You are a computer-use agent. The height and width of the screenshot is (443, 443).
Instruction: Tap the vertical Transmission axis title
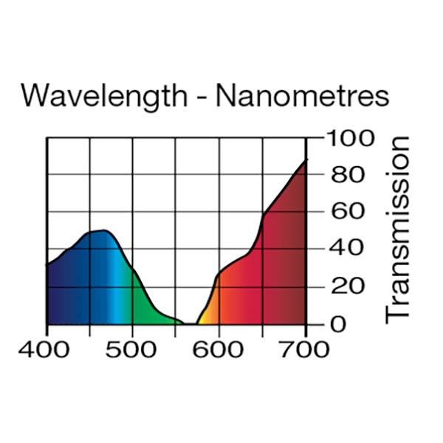[x=399, y=229]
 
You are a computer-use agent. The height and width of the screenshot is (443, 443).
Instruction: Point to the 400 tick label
[x=47, y=349]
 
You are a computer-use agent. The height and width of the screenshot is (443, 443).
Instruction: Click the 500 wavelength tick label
[x=132, y=349]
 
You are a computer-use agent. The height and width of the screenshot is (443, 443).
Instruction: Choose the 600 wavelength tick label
[x=219, y=349]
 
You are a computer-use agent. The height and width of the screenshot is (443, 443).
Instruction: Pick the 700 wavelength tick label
[x=305, y=349]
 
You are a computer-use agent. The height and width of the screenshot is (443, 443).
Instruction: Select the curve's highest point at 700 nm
[x=305, y=160]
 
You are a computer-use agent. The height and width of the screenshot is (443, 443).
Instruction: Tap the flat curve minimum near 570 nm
[x=191, y=323]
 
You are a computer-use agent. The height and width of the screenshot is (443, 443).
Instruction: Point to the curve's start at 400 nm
[x=48, y=264]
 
